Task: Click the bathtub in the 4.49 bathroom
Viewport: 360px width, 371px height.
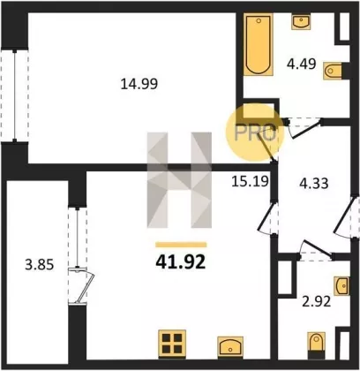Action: point(259,44)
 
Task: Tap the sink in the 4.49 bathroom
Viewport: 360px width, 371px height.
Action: point(301,21)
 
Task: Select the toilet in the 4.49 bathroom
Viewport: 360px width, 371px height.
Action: point(333,71)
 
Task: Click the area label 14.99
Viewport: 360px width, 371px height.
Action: point(139,84)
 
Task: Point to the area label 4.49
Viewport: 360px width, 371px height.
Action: point(302,64)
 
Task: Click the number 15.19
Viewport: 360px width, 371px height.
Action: point(250,181)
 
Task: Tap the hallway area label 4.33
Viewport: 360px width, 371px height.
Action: point(314,183)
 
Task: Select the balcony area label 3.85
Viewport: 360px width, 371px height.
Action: point(40,265)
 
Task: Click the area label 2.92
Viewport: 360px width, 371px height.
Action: point(317,301)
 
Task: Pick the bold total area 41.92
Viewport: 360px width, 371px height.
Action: point(181,261)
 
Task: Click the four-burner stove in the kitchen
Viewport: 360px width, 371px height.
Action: point(172,344)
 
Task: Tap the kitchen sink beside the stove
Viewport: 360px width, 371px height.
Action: point(230,347)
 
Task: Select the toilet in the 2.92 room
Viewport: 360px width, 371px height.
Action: point(317,345)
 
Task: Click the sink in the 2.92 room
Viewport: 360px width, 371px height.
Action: point(341,285)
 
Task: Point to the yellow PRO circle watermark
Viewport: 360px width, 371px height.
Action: point(255,132)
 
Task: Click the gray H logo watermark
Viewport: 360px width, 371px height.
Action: point(179,180)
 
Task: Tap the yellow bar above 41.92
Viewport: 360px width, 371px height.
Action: point(181,245)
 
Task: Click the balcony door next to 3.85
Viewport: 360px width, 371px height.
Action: point(81,285)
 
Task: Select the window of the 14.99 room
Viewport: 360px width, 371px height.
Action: point(15,95)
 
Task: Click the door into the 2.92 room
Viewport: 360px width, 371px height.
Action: point(316,252)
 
